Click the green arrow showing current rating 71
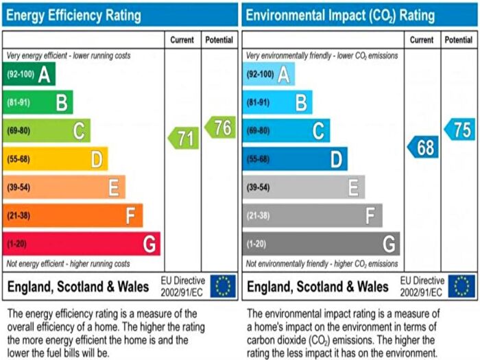pos(184,139)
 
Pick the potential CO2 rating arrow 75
pos(460,130)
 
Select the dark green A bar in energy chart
pos(29,73)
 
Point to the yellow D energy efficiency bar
pos(55,159)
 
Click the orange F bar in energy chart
pos(72,215)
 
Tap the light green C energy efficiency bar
pos(46,130)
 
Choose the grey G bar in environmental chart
pos(320,243)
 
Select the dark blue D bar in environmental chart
pos(294,159)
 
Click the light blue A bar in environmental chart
pos(268,73)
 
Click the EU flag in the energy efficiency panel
pos(223,287)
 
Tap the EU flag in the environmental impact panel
pos(461,287)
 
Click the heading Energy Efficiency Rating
pos(74,14)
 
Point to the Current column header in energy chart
pos(183,40)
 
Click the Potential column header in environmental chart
pos(459,40)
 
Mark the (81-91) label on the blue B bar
pos(259,102)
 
